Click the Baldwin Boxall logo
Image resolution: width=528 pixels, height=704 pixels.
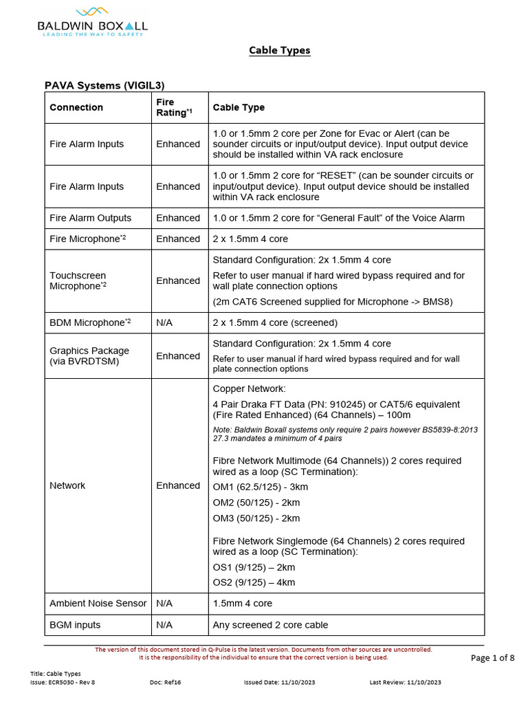[92, 21]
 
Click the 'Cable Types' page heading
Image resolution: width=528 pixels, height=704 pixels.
[279, 50]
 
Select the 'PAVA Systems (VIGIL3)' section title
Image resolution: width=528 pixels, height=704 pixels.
[104, 85]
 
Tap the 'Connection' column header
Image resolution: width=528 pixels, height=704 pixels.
[76, 107]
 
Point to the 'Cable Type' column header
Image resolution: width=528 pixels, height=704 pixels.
[239, 107]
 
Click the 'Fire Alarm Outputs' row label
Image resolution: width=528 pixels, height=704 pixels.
[90, 218]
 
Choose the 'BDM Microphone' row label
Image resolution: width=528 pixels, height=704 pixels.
[87, 322]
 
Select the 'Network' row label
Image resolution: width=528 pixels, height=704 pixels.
[67, 485]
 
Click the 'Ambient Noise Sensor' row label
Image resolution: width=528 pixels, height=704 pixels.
[98, 603]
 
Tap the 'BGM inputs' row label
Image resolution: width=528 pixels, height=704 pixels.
[75, 625]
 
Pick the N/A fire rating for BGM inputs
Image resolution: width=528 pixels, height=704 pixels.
[165, 625]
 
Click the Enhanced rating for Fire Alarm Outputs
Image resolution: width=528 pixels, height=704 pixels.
[178, 218]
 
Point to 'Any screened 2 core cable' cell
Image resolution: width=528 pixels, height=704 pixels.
[270, 625]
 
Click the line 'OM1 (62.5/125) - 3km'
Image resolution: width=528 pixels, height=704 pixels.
[261, 487]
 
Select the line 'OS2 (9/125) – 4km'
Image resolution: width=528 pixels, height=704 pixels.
[254, 582]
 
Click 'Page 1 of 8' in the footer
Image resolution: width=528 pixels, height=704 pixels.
[492, 658]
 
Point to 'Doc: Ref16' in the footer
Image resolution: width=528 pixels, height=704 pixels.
[165, 682]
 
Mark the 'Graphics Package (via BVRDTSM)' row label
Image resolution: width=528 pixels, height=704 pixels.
[89, 355]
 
